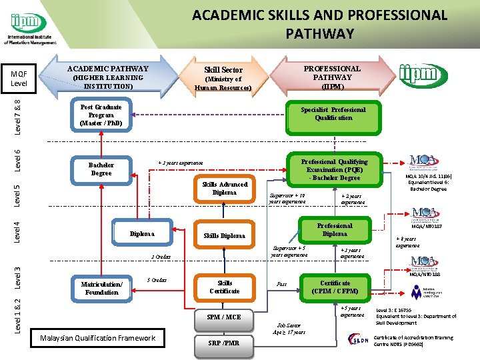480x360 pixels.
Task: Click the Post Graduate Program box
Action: (101, 115)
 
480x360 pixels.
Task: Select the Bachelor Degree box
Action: (101, 169)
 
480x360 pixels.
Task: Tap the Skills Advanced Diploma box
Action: (224, 189)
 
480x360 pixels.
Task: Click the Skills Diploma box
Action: (224, 235)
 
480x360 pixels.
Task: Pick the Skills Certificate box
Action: (224, 287)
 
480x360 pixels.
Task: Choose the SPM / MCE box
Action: (224, 317)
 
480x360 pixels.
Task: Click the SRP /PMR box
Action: (224, 343)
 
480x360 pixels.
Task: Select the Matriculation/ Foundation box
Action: (101, 288)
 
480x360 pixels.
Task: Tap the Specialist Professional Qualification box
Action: (333, 114)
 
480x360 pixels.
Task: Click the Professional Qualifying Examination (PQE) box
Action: (334, 169)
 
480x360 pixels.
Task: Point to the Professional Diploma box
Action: (334, 230)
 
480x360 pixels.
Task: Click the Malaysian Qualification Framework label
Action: (97, 338)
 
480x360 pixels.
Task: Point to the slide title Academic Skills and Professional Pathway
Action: (319, 23)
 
